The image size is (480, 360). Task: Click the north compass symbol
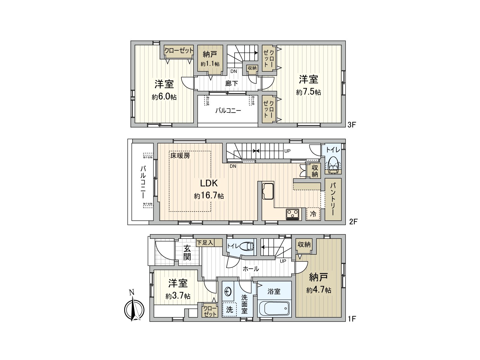tap(134, 308)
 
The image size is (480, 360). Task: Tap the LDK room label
tap(209, 184)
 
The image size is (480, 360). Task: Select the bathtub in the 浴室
tap(274, 308)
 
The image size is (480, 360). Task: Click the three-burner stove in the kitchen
tap(292, 214)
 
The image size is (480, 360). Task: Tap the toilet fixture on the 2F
tap(334, 165)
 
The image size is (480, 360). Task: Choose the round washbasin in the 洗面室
tap(228, 291)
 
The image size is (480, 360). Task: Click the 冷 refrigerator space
tap(313, 214)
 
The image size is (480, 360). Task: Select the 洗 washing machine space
tap(229, 309)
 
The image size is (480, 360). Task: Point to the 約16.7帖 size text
tap(209, 196)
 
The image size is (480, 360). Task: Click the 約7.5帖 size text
tap(308, 92)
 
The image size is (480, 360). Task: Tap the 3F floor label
tap(352, 124)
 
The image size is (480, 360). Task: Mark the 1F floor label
tap(352, 319)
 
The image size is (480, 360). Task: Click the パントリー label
tap(333, 199)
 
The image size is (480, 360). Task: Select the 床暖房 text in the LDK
tap(180, 156)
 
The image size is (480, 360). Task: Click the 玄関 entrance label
tap(187, 253)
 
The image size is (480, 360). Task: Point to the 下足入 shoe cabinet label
tap(205, 242)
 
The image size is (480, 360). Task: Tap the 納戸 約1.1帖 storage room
tap(210, 58)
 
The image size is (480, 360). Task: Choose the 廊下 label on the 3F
tap(232, 83)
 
